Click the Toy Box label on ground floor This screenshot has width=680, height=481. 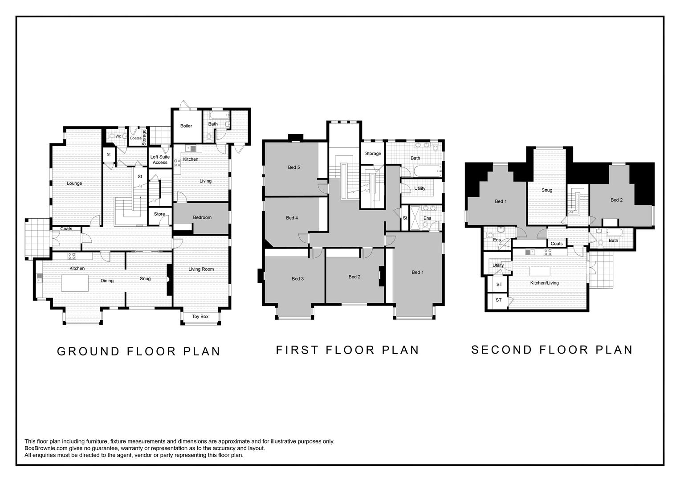point(200,317)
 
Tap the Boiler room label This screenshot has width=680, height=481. point(186,126)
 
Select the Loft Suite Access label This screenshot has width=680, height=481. point(160,159)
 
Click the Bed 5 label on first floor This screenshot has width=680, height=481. point(293,167)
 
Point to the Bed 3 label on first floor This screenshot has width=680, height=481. point(297,279)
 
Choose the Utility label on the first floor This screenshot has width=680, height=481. point(419,188)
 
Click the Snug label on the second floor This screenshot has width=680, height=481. point(547,190)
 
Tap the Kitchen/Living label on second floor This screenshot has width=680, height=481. point(544,283)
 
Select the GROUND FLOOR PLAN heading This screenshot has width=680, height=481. point(139,351)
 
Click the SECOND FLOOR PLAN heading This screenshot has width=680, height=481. point(552,350)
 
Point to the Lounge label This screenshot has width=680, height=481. point(74,183)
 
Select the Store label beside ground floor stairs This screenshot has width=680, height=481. point(159,214)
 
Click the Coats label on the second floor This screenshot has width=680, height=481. point(557,244)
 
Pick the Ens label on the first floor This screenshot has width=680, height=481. point(427,218)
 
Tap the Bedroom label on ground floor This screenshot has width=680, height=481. point(202,217)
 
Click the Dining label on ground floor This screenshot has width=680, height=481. point(107,281)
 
